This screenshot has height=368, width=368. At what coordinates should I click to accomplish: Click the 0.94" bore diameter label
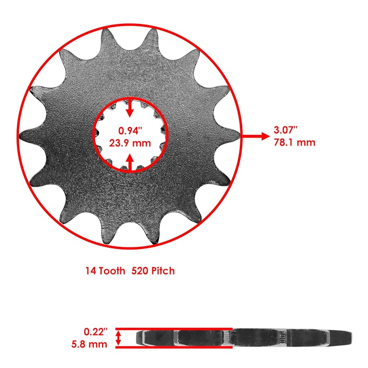pos(130,131)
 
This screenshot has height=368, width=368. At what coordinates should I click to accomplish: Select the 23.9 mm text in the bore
pos(130,143)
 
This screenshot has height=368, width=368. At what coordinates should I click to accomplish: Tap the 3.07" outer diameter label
pos(286,130)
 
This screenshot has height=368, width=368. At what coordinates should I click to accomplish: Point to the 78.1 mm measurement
pos(294,142)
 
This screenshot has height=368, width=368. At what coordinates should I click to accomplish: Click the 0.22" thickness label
pos(96,332)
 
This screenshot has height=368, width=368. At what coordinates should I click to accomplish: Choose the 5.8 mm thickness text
pos(89,344)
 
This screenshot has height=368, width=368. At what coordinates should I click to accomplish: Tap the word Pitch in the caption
pos(163,271)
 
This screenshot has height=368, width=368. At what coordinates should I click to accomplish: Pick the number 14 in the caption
pos(91,271)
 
